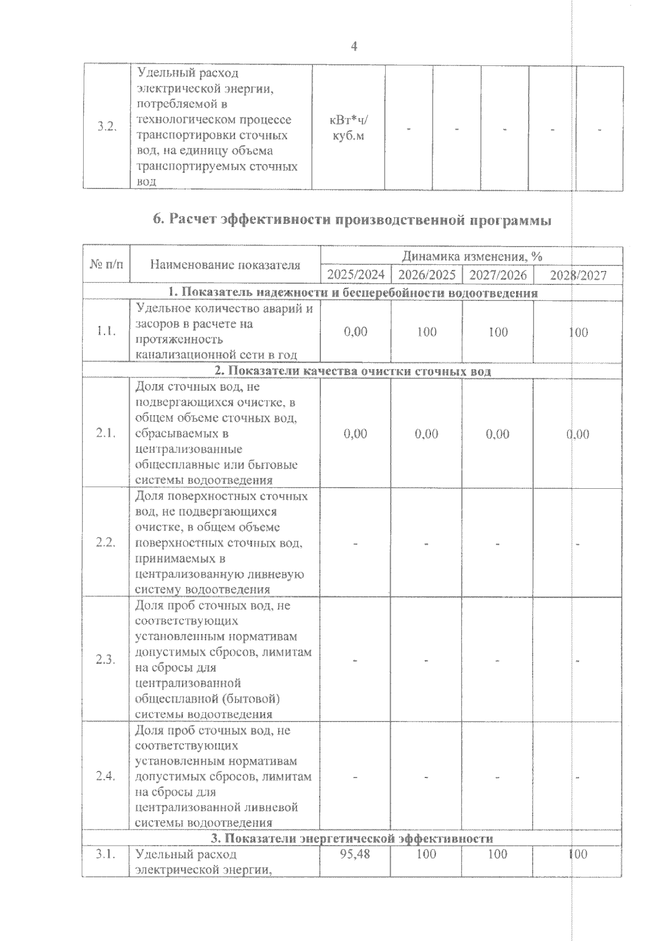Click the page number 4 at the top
pos(355,47)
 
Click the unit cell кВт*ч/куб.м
pos(348,128)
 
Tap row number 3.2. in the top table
pos(106,126)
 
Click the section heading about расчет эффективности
pos(352,221)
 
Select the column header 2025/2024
pos(356,275)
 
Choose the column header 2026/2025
pos(427,275)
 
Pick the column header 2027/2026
pos(498,275)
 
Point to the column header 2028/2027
pos(577,275)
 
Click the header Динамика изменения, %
pos(472,256)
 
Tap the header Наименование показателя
pos(225,265)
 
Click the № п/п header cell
pos(106,265)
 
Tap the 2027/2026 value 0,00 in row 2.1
pos(498,434)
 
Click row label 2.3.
pos(105,659)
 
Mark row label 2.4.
pos(105,776)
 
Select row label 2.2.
pos(105,543)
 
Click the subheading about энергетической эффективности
pos(352,838)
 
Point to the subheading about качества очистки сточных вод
pos(352,371)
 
